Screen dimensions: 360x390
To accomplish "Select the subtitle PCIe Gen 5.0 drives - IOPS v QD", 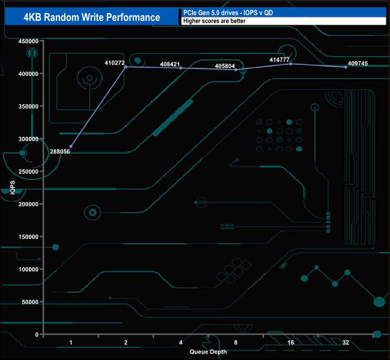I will pos(231,12).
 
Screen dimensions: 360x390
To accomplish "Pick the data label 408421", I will pos(172,64).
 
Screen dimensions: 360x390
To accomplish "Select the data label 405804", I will pos(227,65).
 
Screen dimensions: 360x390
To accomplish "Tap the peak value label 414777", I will pos(280,59).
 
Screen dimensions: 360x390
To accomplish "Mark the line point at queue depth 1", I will pos(71,146).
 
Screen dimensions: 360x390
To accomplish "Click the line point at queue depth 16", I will pos(291,64).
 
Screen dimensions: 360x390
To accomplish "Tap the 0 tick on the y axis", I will pos(37,334).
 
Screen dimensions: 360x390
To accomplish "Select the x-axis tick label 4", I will pos(181,342).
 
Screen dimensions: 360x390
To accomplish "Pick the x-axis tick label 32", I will pos(346,342).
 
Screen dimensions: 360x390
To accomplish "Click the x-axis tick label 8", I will pos(236,342).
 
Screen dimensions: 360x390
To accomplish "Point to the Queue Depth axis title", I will pos(208,352).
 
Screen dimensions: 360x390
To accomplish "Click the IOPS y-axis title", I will pos(13,188).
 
